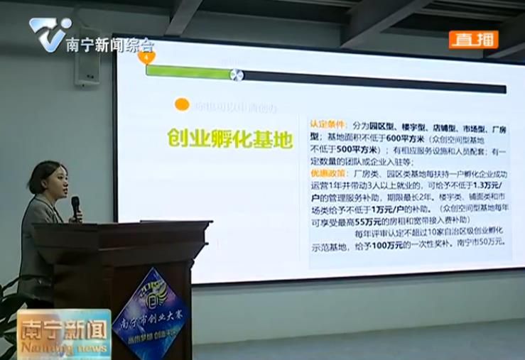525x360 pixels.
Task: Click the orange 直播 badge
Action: point(472,40)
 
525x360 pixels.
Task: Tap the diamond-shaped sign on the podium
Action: point(150,313)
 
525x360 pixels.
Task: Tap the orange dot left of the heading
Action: point(182,105)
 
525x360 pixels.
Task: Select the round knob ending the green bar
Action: point(237,75)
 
